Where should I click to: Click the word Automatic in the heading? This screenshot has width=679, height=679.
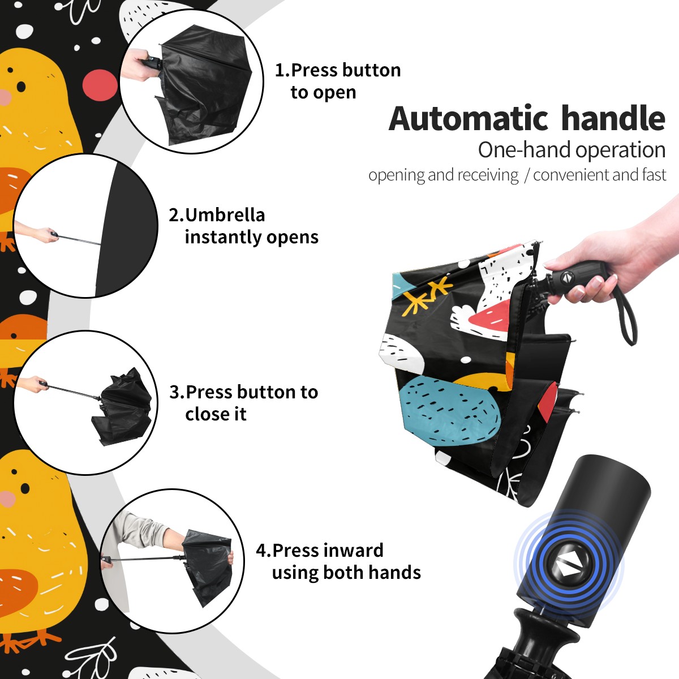(x=469, y=118)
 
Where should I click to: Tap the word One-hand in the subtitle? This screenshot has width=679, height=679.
(x=525, y=150)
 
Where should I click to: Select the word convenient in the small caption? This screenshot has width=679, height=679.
(x=571, y=175)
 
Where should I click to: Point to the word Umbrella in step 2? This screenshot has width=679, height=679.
(x=225, y=215)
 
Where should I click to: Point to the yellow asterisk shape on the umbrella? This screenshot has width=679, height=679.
(x=427, y=295)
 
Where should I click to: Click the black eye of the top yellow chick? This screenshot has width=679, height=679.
(x=21, y=87)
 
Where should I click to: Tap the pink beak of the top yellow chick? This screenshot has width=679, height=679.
(x=5, y=97)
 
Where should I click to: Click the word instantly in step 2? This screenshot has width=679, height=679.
(x=221, y=237)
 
